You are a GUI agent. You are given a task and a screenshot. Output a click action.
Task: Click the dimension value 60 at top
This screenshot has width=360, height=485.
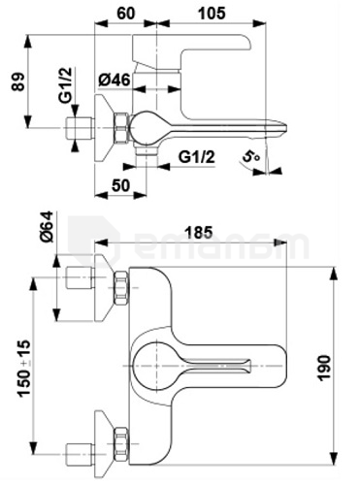125,13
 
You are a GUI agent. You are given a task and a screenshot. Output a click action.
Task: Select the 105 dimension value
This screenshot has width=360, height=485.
212,13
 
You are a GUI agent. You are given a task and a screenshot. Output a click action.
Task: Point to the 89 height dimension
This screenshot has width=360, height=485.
18,82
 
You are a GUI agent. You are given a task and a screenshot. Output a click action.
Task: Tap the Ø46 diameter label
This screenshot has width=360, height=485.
115,80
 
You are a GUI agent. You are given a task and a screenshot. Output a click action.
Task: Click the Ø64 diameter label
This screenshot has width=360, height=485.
47,226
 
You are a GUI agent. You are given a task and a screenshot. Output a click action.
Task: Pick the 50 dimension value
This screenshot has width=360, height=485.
120,185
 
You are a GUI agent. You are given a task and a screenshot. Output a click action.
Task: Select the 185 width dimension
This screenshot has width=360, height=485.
199,232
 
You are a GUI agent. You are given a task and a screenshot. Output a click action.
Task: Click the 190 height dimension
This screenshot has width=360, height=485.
324,368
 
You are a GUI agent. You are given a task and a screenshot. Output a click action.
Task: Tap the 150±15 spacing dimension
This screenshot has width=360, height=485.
24,368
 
